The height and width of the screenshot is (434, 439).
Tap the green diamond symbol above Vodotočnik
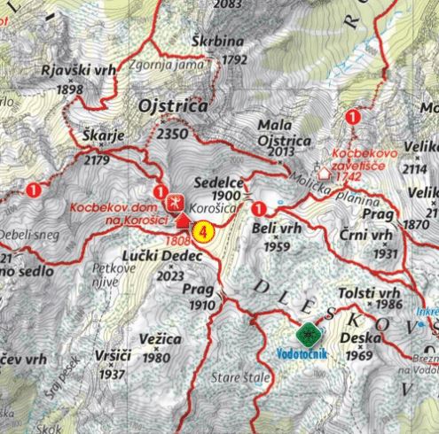point(309,335)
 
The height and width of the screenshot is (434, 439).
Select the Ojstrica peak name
point(174,106)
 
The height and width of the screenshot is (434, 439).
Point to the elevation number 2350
point(172,133)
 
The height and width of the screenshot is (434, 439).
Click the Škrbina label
point(213,42)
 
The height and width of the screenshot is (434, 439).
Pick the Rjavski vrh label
point(68,73)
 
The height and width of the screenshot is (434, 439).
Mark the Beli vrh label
point(272,229)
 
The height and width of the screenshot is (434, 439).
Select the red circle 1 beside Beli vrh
point(259,209)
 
